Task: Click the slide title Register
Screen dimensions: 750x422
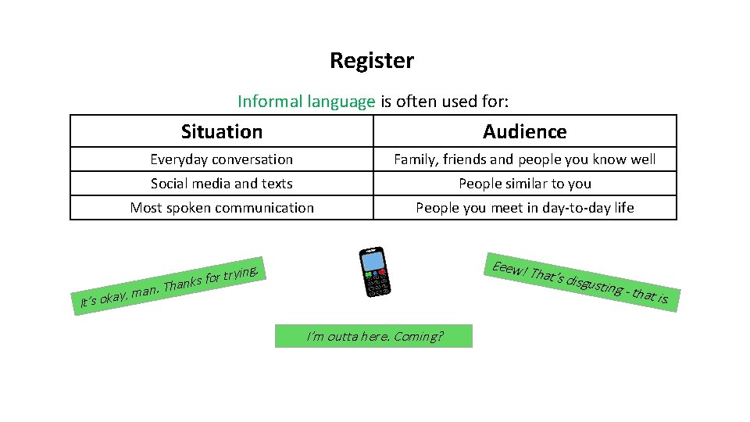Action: pyautogui.click(x=372, y=60)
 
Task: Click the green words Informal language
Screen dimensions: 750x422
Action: pyautogui.click(x=305, y=101)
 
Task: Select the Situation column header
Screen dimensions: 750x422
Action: pyautogui.click(x=222, y=131)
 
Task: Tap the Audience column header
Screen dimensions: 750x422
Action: pyautogui.click(x=525, y=131)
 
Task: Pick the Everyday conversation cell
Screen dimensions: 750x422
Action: pyautogui.click(x=222, y=159)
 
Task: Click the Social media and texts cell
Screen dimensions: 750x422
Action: pyautogui.click(x=222, y=184)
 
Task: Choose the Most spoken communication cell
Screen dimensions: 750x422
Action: pyautogui.click(x=222, y=208)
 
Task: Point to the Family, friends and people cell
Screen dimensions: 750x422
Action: pyautogui.click(x=525, y=159)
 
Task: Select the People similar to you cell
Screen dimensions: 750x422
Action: pyautogui.click(x=525, y=184)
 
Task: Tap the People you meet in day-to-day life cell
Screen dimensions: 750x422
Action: pyautogui.click(x=525, y=208)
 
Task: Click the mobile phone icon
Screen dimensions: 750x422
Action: pyautogui.click(x=375, y=272)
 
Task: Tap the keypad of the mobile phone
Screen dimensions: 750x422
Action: pyautogui.click(x=377, y=283)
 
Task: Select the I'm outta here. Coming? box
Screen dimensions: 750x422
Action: pyautogui.click(x=374, y=336)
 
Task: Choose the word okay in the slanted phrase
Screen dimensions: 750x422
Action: pyautogui.click(x=113, y=296)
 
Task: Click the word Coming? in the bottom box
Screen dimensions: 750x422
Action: pyautogui.click(x=419, y=336)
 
